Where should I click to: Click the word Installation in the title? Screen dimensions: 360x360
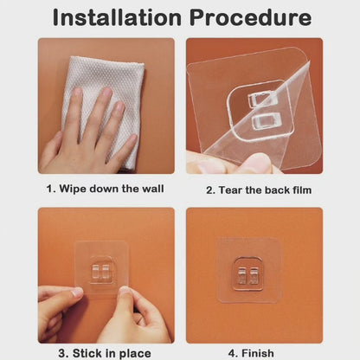point(117,17)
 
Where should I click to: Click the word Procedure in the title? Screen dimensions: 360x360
point(250,17)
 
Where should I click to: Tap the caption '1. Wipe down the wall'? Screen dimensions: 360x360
point(105,189)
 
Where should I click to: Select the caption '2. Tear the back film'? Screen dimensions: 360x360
point(259,190)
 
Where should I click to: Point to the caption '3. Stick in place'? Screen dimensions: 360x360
point(105,353)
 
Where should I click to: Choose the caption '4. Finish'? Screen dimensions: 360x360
point(251,353)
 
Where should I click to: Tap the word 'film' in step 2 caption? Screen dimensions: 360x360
point(302,190)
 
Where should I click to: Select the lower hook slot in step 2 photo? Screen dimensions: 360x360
point(266,120)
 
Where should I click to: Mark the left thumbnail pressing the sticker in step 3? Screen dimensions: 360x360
point(77,292)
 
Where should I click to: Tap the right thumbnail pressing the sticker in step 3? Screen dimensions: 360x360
point(125,291)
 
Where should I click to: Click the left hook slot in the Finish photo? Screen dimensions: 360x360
point(241,275)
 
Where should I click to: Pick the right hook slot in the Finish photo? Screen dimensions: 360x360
point(254,275)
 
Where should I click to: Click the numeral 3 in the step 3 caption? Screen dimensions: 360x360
point(61,353)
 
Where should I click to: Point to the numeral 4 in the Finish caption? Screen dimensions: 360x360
point(232,353)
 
